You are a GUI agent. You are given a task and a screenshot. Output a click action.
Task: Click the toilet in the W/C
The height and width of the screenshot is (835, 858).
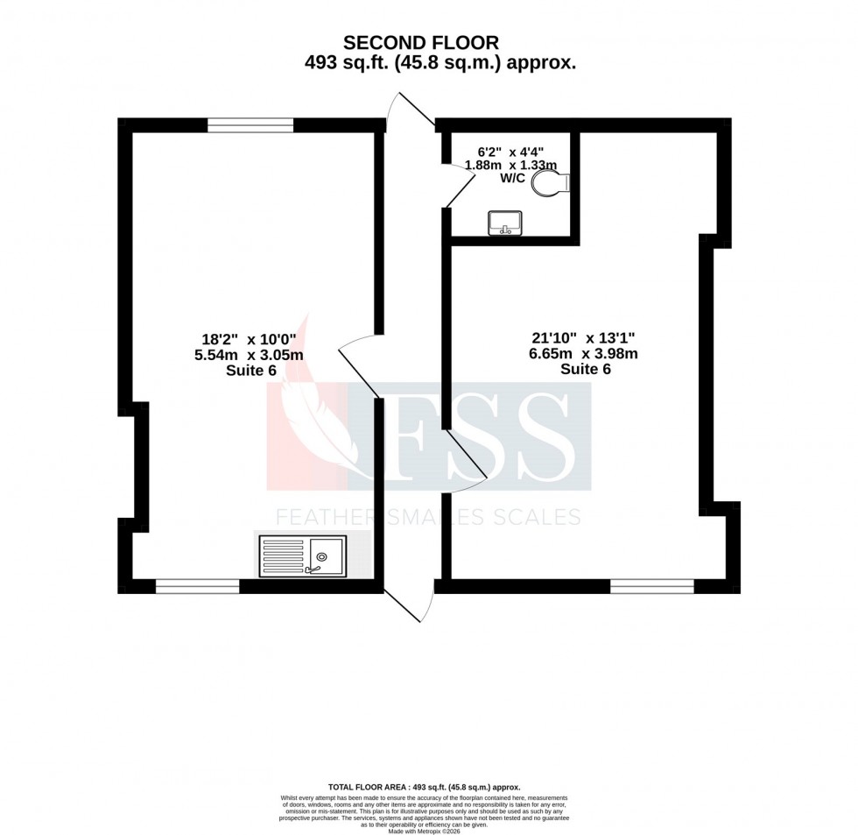click(x=553, y=182)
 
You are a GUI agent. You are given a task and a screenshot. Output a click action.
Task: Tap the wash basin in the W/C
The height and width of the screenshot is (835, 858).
click(x=505, y=223)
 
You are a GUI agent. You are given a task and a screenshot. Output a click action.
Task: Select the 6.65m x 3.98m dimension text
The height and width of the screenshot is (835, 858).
click(x=583, y=354)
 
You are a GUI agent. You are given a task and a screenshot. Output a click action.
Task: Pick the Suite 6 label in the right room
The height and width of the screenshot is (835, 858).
click(x=585, y=369)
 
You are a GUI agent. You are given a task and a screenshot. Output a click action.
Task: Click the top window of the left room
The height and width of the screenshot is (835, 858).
click(x=250, y=126)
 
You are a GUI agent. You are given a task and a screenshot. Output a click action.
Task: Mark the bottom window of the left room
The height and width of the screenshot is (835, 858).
click(x=197, y=586)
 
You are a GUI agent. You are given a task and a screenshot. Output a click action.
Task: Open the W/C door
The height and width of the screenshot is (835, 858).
click(x=461, y=188)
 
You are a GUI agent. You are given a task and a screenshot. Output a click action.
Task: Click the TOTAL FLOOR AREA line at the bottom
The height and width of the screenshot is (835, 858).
click(x=424, y=788)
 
